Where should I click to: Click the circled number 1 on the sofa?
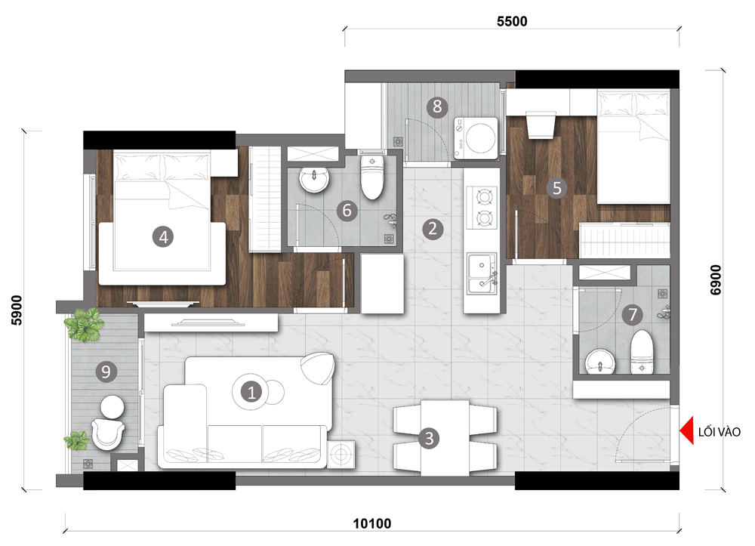click(x=251, y=393)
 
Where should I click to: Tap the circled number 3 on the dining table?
click(x=429, y=438)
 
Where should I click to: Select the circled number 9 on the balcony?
click(x=106, y=372)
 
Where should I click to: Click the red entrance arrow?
click(x=686, y=430)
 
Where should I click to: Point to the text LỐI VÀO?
click(x=720, y=431)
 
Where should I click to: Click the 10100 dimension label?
click(x=372, y=523)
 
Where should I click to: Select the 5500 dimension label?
click(x=512, y=21)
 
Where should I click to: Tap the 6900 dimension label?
click(x=716, y=279)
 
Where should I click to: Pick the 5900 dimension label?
click(x=17, y=310)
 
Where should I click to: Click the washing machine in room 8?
click(x=476, y=138)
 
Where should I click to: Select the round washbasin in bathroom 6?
click(x=314, y=179)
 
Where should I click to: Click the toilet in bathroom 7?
click(x=642, y=353)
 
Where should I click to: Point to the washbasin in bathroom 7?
click(x=600, y=361)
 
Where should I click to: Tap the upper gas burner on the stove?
click(x=484, y=196)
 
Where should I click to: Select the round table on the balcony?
click(x=112, y=407)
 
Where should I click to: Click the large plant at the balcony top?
click(x=85, y=325)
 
